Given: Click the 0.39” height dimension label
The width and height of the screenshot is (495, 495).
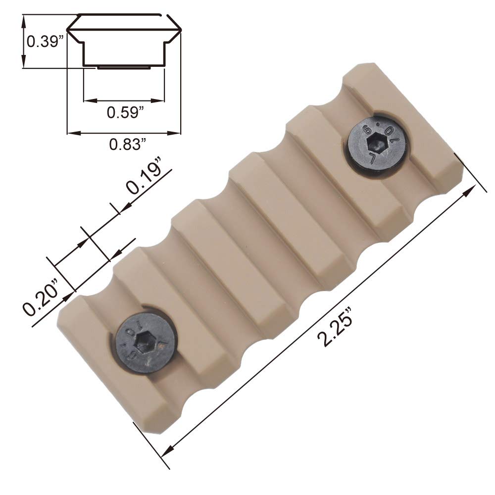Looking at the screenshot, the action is coord(45,42).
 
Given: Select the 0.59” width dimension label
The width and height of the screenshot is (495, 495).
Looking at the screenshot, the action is coord(125,112).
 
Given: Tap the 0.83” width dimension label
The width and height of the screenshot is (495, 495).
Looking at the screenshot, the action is coord(128,144).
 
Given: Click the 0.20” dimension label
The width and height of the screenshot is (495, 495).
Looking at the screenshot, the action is coord(40,297).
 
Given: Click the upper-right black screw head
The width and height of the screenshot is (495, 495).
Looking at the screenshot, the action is coord(377,144).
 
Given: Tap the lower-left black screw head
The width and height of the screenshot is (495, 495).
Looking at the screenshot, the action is coord(146,343).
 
